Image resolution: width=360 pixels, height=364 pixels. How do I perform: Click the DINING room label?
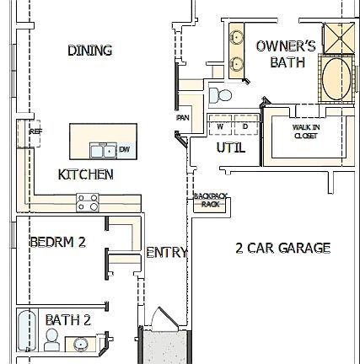click(89, 51)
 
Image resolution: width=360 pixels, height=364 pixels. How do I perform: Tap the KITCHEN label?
click(85, 174)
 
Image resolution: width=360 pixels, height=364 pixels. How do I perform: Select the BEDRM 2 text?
click(57, 242)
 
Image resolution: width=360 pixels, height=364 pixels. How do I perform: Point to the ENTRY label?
click(166, 252)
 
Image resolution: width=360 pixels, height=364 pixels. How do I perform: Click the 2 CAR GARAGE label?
click(282, 248)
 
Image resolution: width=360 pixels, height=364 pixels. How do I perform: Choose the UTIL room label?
click(230, 147)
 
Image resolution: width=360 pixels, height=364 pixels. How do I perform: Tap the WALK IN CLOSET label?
click(305, 131)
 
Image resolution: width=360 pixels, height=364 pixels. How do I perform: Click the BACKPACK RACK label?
click(207, 200)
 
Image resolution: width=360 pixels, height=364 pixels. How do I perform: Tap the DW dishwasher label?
click(124, 150)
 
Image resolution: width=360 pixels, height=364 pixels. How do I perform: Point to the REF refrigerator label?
click(35, 131)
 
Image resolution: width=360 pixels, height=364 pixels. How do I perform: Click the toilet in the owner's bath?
click(222, 94)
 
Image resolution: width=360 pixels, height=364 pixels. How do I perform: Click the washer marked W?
click(221, 126)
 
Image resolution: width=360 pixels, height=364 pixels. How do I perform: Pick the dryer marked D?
click(244, 126)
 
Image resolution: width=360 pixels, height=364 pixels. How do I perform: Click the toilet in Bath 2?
click(51, 340)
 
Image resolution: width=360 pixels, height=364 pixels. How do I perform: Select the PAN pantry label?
click(182, 118)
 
